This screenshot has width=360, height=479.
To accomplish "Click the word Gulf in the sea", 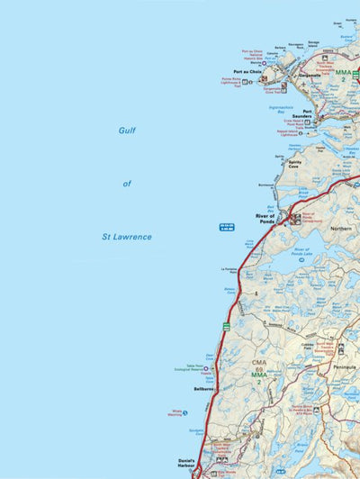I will click(128, 130).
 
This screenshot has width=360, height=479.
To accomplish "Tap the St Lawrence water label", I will click(126, 237).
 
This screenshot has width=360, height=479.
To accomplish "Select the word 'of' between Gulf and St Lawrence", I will click(127, 184).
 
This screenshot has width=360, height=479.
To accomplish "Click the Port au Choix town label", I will click(247, 71).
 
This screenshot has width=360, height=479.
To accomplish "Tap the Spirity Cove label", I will click(293, 163).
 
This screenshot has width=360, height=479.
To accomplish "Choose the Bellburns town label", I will click(203, 389).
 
